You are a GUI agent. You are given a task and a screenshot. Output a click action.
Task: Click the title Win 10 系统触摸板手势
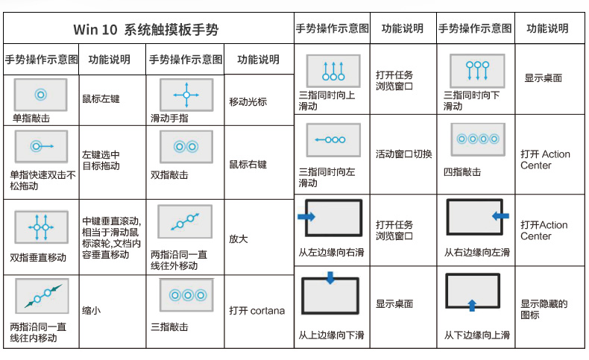pyautogui.click(x=145, y=29)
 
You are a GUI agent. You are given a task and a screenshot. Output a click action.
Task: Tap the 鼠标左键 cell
pyautogui.click(x=101, y=98)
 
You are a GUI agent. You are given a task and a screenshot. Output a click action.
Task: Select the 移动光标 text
pyautogui.click(x=248, y=101)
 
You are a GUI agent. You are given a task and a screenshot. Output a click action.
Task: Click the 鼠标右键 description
pyautogui.click(x=248, y=164)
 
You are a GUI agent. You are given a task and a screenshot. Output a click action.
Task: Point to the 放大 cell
pyautogui.click(x=238, y=239)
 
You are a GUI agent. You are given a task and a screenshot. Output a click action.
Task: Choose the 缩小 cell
pyautogui.click(x=91, y=311)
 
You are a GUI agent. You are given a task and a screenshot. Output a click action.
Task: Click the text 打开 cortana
pyautogui.click(x=257, y=311)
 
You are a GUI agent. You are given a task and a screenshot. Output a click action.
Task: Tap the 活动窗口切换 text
pyautogui.click(x=404, y=154)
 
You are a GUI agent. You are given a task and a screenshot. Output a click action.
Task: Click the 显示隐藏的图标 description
pyautogui.click(x=544, y=309)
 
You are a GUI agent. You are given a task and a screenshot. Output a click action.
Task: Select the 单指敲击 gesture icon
pyautogui.click(x=40, y=95)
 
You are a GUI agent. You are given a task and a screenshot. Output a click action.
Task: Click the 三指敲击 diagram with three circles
pyautogui.click(x=186, y=295)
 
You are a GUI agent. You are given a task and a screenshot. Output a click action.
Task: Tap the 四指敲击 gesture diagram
pyautogui.click(x=478, y=139)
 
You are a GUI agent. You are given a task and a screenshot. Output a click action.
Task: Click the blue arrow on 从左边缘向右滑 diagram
pyautogui.click(x=306, y=217)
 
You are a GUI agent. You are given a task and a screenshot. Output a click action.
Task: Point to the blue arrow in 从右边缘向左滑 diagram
pyautogui.click(x=500, y=216)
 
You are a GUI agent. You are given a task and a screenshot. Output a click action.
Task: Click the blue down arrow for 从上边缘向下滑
pyautogui.click(x=330, y=278)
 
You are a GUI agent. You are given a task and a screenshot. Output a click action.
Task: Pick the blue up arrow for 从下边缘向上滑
pyautogui.click(x=472, y=305)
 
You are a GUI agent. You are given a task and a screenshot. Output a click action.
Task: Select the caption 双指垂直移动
pyautogui.click(x=38, y=258)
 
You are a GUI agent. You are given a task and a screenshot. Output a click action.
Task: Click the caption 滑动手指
pyautogui.click(x=169, y=119)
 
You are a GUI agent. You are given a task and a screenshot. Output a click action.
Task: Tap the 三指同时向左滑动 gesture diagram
pyautogui.click(x=333, y=139)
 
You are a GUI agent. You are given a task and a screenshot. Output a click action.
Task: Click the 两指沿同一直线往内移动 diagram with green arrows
pyautogui.click(x=42, y=296)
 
